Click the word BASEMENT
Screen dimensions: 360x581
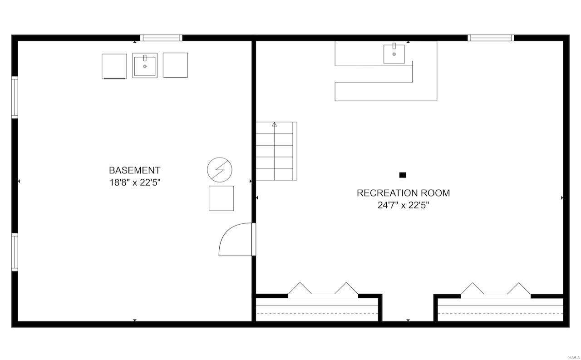(134, 171)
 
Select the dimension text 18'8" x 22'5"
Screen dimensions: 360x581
(134, 183)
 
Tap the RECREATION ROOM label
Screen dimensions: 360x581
(403, 193)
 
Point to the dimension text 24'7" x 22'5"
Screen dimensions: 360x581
(403, 205)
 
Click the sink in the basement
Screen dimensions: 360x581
(145, 65)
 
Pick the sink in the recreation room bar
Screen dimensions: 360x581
(394, 54)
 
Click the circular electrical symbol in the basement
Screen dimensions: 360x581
(220, 170)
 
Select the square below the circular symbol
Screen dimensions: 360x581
(221, 198)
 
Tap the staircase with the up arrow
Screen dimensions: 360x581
(276, 151)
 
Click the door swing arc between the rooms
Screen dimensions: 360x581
(234, 241)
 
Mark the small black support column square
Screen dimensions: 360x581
(403, 175)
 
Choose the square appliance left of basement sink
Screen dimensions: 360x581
(114, 66)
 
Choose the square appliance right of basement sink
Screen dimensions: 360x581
(175, 65)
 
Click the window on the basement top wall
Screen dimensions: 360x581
(161, 38)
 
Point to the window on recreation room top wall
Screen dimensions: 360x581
(491, 38)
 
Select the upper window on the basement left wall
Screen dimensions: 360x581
(15, 98)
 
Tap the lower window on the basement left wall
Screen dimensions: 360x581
(15, 252)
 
